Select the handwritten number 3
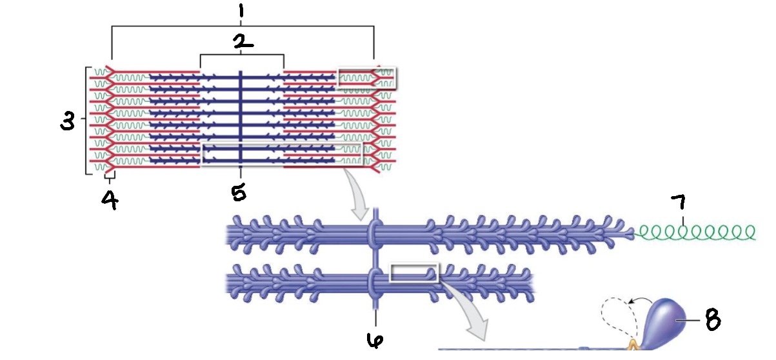[67, 121]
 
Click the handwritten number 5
[239, 192]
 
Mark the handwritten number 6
[373, 341]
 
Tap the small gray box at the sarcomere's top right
[367, 77]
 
